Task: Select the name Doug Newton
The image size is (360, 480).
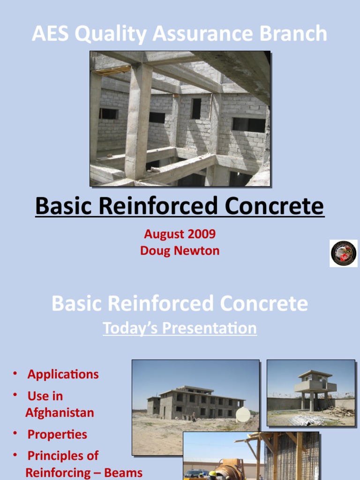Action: click(180, 251)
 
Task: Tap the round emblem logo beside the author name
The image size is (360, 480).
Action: click(344, 254)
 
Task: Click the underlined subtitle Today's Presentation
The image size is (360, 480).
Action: click(180, 328)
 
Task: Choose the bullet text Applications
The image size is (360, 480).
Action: click(63, 374)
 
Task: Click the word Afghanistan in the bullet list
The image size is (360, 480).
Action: click(60, 413)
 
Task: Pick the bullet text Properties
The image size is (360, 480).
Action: click(57, 435)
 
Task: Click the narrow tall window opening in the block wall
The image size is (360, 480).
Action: click(196, 109)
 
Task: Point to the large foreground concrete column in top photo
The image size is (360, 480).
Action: click(138, 122)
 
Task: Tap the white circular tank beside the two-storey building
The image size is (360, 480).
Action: click(243, 414)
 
